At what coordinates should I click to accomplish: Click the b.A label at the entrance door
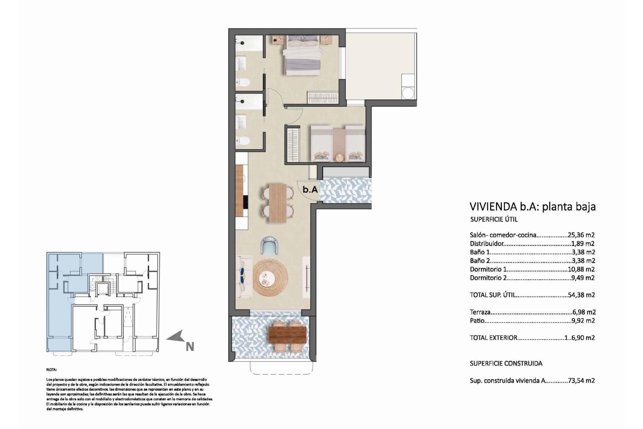click(310, 189)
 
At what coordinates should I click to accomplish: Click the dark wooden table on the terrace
click(288, 335)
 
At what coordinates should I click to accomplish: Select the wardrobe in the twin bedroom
click(293, 145)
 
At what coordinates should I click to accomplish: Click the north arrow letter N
click(190, 347)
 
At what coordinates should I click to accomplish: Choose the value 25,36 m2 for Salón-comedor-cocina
click(581, 235)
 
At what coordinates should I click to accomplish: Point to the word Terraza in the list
click(480, 312)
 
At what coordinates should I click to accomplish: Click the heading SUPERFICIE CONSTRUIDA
click(506, 363)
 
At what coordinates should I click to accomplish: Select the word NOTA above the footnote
click(52, 370)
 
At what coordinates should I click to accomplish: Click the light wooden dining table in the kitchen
click(278, 203)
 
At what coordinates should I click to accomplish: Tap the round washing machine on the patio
click(408, 93)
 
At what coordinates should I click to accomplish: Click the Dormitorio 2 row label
click(488, 278)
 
